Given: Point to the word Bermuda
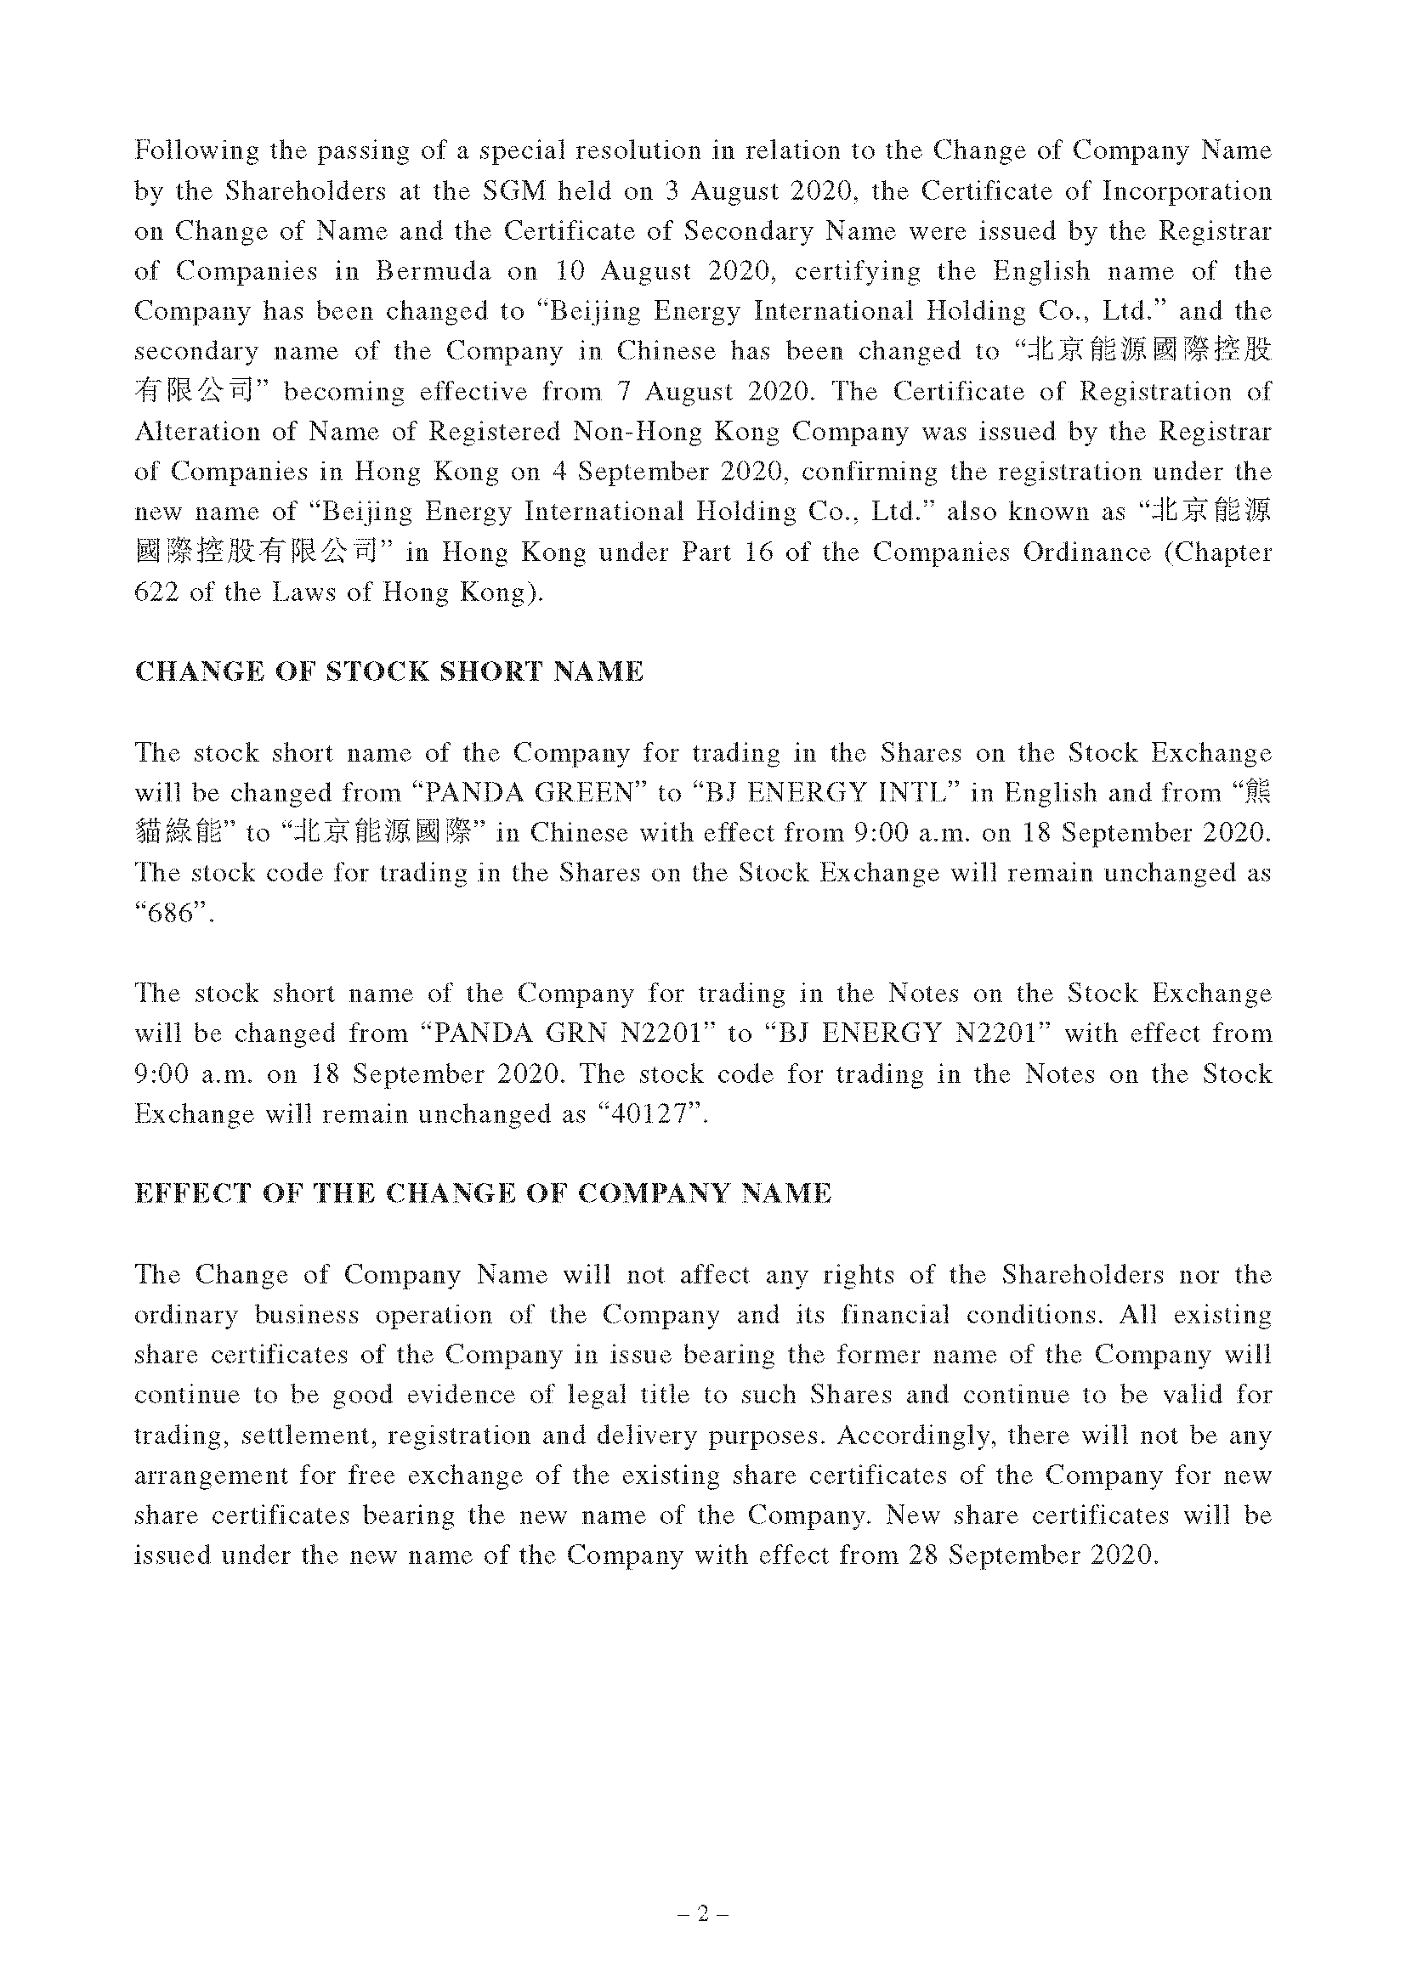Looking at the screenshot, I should pyautogui.click(x=433, y=271).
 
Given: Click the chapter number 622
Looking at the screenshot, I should pyautogui.click(x=156, y=592).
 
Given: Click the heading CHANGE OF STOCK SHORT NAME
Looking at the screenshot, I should pyautogui.click(x=388, y=672).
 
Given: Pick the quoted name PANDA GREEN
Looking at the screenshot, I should pyautogui.click(x=525, y=792).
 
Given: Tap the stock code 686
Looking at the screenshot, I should pyautogui.click(x=168, y=914).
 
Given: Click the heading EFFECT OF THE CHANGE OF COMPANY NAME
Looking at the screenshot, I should pyautogui.click(x=483, y=1193).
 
